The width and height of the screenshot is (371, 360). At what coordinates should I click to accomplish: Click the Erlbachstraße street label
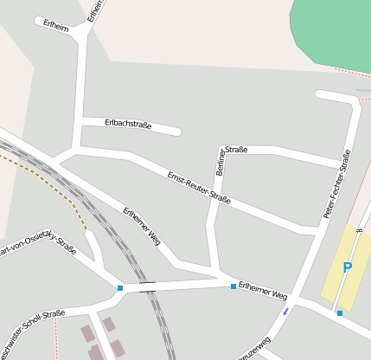point(128,125)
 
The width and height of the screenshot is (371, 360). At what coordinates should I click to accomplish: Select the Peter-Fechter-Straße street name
point(337,183)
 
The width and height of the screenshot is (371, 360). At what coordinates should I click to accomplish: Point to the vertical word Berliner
point(221,162)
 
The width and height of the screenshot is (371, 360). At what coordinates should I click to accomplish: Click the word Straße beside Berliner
point(237,149)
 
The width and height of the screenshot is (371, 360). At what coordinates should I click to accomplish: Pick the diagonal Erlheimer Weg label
point(142,225)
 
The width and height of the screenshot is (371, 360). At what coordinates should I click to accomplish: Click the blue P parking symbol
point(348,268)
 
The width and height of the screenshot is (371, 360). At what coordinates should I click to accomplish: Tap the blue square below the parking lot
point(340,312)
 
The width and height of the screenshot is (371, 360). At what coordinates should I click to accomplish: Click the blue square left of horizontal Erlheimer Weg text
point(233,286)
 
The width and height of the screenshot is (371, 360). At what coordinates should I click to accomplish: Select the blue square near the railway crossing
point(120,288)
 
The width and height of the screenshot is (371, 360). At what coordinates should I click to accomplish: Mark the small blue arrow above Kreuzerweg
point(285,312)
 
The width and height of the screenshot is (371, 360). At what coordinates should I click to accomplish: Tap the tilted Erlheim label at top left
point(55,24)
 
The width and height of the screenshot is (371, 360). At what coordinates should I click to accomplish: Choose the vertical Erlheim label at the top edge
point(94,10)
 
